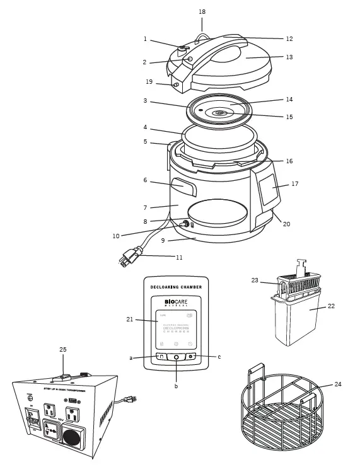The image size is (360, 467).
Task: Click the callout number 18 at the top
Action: pos(202,11)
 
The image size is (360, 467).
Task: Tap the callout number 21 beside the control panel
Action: pos(131,320)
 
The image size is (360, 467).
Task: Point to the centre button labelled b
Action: pos(176,357)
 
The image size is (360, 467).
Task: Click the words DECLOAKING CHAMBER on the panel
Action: pos(176,287)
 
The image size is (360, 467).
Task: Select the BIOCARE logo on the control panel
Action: pos(176,303)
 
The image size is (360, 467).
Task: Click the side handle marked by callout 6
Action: pos(182,187)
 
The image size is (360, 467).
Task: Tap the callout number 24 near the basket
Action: pos(338,384)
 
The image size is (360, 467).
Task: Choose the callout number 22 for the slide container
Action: pos(332,306)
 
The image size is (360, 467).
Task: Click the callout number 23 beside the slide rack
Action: pos(255,280)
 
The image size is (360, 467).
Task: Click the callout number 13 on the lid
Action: pos(289,57)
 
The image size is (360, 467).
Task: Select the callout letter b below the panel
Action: pos(176,386)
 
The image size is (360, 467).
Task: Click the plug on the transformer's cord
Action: pos(131,399)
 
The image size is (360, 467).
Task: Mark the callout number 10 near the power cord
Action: pos(116,236)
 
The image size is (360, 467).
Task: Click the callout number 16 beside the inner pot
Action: pos(289,161)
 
